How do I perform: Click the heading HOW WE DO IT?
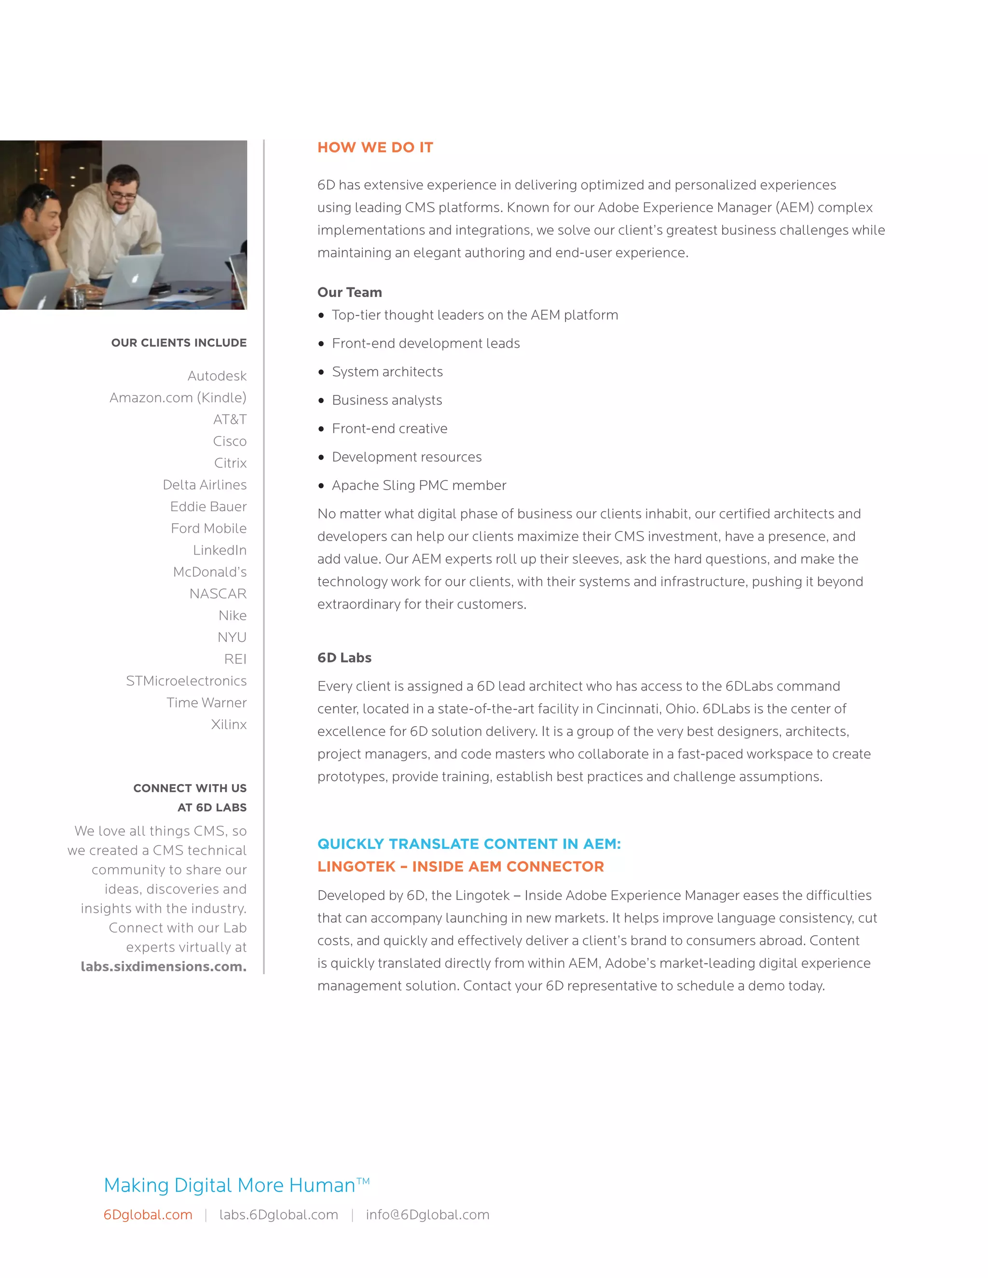click(x=375, y=148)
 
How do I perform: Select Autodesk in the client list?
click(x=217, y=376)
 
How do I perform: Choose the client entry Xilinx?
click(x=229, y=724)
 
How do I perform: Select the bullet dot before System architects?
click(x=321, y=372)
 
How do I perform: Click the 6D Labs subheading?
click(x=344, y=658)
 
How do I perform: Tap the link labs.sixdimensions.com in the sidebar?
click(x=164, y=966)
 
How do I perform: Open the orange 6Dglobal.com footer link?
click(x=148, y=1215)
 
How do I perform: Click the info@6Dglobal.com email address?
click(x=427, y=1215)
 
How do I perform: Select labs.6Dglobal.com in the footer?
click(x=279, y=1215)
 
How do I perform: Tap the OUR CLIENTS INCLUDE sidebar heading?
click(x=178, y=343)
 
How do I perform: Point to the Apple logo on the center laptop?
click(x=136, y=278)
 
